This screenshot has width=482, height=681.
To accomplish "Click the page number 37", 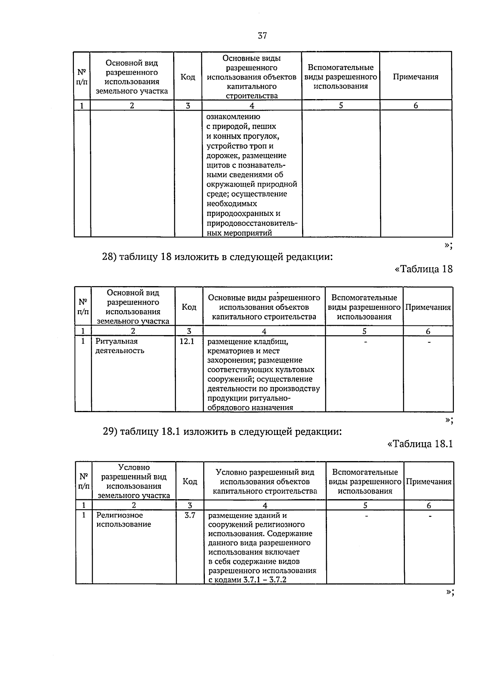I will point(262,36).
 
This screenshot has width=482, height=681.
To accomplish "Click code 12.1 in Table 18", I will point(186,342).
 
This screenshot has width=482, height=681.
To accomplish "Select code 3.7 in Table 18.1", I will point(190,515).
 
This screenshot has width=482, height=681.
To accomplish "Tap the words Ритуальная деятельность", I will point(120,346).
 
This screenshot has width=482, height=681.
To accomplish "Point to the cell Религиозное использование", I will point(124,520).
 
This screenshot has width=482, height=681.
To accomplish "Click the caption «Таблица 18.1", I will point(420,443).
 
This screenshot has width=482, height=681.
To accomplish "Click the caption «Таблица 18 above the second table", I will point(424,269).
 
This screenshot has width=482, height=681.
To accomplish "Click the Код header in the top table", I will point(188,77).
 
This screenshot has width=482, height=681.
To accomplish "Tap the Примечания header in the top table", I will point(415,77).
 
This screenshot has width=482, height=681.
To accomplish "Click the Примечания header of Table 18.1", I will point(429,482).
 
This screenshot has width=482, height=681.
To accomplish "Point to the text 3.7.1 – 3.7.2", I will point(265,580).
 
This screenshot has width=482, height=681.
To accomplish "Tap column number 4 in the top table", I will point(252,106).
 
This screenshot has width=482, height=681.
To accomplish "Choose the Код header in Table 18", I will point(189,307).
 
